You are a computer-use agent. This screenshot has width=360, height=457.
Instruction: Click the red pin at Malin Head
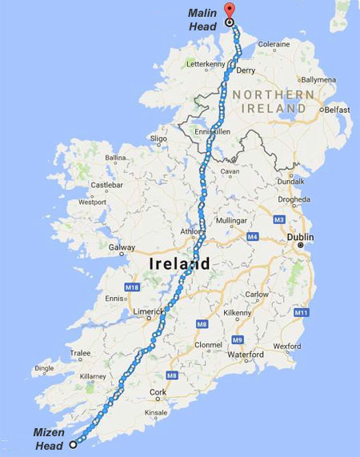coord(230,10)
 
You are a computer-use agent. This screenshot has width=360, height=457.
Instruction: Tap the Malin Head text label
coord(202,19)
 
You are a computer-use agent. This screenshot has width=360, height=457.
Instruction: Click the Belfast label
coord(337,109)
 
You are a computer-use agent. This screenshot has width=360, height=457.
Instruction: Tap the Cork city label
coord(158,392)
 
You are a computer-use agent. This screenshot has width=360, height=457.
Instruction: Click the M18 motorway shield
coord(132,286)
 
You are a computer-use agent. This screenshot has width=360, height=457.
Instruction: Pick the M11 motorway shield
coord(301,311)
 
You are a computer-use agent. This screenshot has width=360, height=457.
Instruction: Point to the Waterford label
coord(245,354)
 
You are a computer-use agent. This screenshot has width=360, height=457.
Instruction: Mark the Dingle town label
coord(46,369)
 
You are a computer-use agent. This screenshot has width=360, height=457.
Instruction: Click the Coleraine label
coord(273,45)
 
